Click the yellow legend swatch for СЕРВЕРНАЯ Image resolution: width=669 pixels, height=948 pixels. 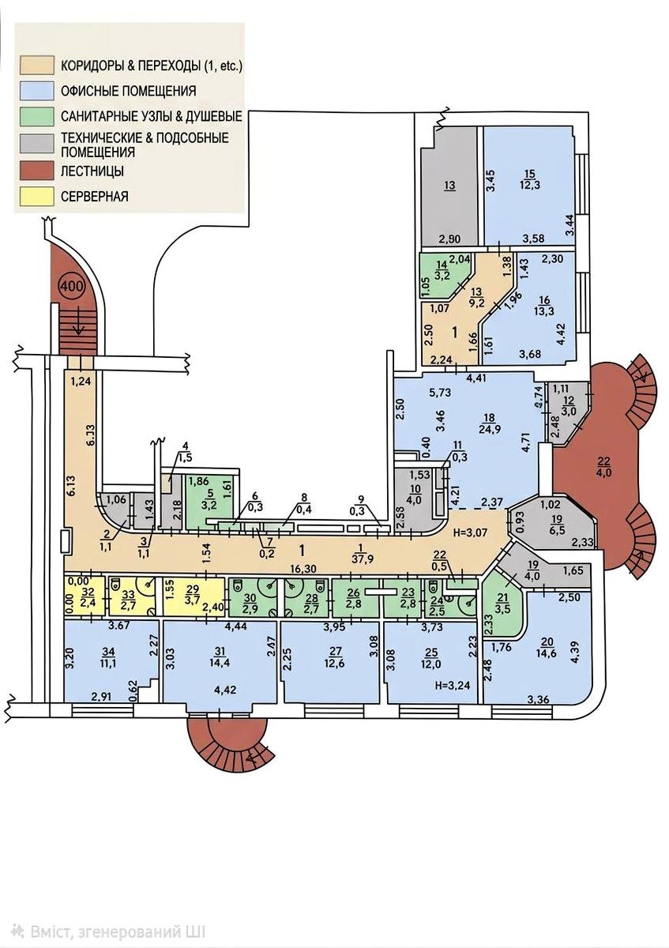(37, 197)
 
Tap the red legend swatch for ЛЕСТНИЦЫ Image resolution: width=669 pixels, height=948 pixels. (37, 171)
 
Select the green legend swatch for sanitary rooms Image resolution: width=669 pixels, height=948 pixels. (37, 116)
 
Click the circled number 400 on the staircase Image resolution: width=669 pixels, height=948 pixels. (72, 285)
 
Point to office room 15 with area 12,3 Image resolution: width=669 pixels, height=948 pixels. (529, 186)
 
